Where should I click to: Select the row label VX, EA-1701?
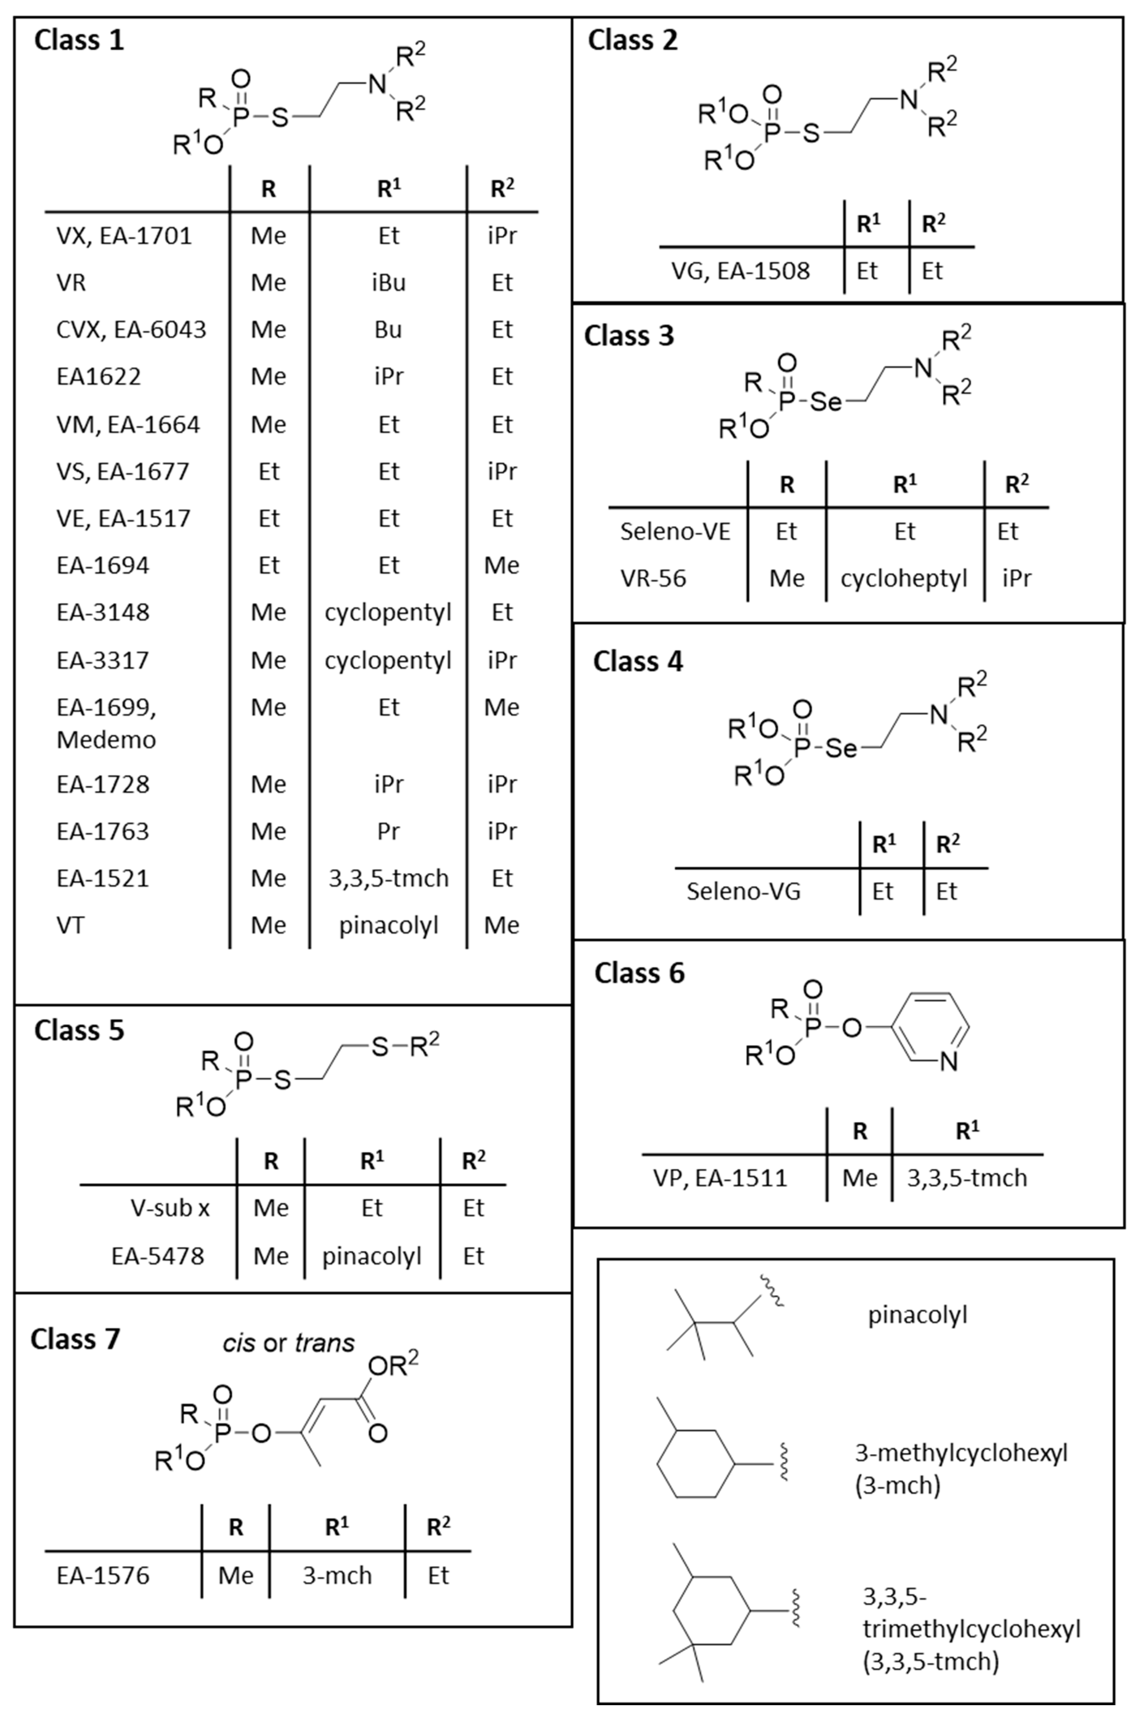(124, 236)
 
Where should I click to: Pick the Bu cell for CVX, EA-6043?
(388, 330)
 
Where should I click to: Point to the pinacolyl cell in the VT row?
(388, 926)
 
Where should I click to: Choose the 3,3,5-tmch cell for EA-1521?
(388, 879)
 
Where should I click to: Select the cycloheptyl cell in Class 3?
(904, 578)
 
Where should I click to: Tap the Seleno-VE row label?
(675, 531)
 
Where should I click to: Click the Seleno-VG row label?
(744, 892)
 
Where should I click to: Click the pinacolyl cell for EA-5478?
(372, 1256)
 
